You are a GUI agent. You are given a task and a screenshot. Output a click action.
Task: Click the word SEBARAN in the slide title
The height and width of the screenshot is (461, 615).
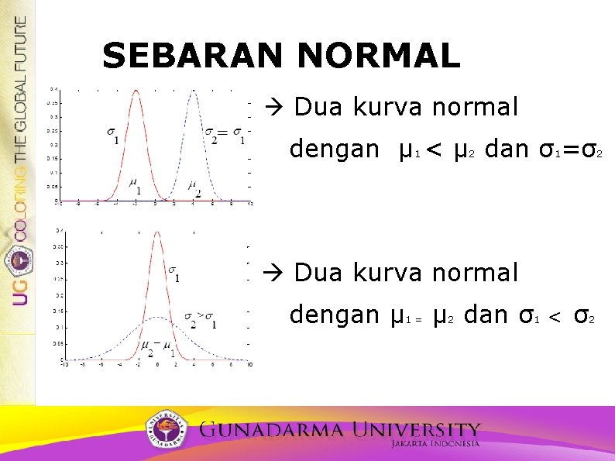(194, 56)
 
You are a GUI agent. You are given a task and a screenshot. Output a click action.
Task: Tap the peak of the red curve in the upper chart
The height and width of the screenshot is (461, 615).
(136, 91)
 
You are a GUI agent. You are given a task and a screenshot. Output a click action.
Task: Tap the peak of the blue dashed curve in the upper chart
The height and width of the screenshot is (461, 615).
(193, 91)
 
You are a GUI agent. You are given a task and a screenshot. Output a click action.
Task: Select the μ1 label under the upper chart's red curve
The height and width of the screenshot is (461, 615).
(135, 187)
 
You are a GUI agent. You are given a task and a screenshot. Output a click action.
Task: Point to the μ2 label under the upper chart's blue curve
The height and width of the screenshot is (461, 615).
(194, 187)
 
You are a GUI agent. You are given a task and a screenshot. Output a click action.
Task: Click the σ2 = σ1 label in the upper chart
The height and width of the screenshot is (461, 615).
(225, 135)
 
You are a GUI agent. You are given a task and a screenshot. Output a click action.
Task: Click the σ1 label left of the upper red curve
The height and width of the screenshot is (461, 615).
(113, 135)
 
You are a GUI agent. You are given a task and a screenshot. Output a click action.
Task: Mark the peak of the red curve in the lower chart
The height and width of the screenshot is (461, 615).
(156, 232)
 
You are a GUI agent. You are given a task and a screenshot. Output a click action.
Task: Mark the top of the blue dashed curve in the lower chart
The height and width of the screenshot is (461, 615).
(156, 317)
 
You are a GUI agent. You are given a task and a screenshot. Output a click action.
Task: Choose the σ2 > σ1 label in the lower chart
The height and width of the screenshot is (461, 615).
(200, 318)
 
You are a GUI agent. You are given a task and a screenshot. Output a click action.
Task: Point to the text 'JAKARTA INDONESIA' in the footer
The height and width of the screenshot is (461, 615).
(435, 445)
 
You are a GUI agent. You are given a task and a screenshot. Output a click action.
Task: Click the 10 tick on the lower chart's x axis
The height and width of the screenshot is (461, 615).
(249, 365)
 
